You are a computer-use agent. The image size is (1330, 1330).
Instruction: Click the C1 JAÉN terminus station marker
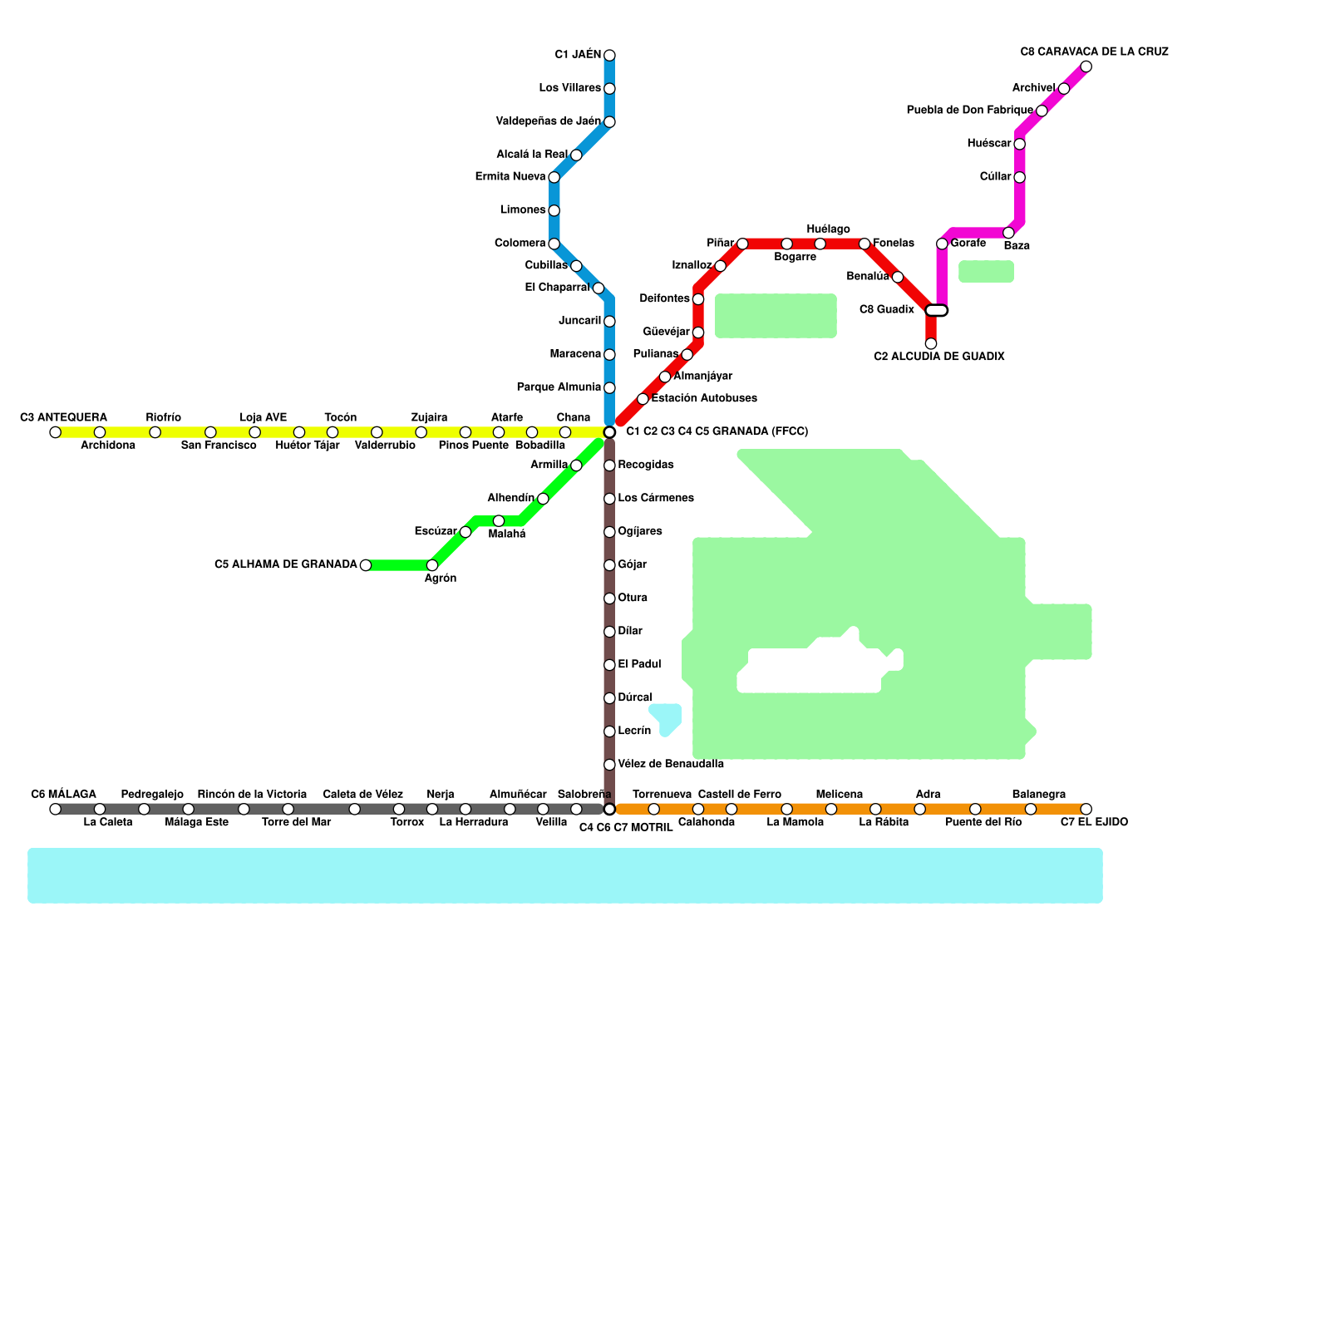tap(609, 56)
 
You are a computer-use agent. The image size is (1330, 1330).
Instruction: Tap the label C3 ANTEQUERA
tap(63, 417)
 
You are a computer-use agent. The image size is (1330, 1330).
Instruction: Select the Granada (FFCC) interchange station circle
tap(609, 432)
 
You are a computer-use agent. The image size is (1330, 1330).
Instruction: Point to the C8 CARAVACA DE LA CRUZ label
tap(1094, 52)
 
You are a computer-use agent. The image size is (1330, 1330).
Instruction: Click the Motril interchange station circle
tap(609, 810)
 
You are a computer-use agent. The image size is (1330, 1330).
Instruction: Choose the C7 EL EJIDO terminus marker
tap(1086, 810)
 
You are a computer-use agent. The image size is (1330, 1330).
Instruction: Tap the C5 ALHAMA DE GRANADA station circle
tap(365, 565)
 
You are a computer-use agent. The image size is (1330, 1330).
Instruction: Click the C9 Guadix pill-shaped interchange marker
tap(937, 311)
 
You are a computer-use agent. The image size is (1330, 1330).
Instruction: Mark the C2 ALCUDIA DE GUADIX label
tap(939, 357)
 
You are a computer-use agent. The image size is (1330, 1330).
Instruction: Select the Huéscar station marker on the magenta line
tap(1019, 144)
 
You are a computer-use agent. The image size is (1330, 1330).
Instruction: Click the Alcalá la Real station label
tap(532, 155)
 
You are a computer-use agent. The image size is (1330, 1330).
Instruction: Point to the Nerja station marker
tap(432, 810)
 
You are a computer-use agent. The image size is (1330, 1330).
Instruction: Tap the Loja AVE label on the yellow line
tap(264, 417)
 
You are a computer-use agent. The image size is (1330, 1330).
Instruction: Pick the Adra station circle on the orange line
tap(919, 810)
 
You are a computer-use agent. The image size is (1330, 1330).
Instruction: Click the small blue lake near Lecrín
tap(667, 717)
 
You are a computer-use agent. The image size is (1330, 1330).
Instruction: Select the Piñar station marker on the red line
tap(742, 244)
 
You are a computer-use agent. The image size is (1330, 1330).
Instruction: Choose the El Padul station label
tap(639, 664)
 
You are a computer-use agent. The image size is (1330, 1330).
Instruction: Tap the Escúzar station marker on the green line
tap(465, 532)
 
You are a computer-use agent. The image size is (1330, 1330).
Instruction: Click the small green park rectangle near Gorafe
tap(986, 272)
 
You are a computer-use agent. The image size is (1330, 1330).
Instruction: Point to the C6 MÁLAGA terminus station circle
tap(55, 810)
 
